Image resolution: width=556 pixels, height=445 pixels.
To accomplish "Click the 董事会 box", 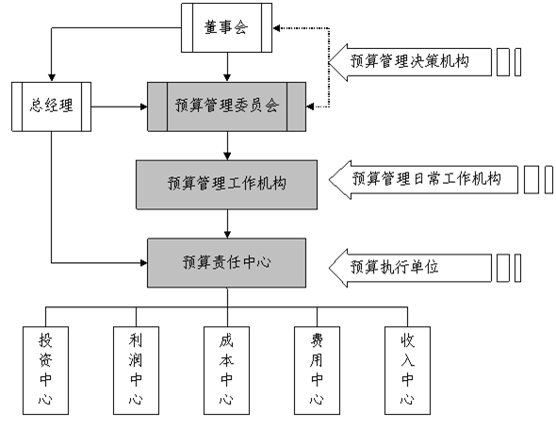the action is [226, 27].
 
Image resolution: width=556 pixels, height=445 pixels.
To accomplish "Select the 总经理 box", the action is [52, 107].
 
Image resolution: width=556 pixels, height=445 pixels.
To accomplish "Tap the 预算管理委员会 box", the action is [226, 107].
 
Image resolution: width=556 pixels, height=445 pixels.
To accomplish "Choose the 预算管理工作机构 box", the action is [226, 185].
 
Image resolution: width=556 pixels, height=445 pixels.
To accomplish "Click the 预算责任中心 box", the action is [226, 263].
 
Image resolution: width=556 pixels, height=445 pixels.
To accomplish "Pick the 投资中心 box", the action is [45, 371].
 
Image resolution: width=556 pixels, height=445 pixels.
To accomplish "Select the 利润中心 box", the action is [136, 371].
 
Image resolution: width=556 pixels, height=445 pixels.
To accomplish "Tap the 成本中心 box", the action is [226, 371].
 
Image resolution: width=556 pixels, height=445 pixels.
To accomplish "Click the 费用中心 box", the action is [317, 371].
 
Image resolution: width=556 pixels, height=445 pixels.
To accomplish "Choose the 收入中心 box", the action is [407, 371].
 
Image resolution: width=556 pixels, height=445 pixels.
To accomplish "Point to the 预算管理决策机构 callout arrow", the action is [410, 62].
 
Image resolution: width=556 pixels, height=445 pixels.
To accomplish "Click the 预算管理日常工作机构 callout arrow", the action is [423, 179].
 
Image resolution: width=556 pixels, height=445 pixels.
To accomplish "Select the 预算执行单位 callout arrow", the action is [410, 268].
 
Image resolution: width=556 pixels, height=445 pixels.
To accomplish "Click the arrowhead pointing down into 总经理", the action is [52, 77].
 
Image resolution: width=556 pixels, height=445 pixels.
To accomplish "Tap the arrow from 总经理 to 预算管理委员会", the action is [119, 107].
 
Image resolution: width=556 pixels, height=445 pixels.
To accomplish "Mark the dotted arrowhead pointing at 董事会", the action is [276, 28].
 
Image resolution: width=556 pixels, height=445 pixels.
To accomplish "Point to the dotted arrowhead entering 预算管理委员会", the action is [310, 107].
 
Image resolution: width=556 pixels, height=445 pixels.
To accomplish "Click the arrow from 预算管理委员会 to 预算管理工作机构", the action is [227, 146].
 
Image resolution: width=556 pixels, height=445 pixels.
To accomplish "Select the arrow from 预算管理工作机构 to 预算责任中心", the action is [227, 224].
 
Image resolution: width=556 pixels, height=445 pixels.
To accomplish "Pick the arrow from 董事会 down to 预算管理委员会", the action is [227, 68].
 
